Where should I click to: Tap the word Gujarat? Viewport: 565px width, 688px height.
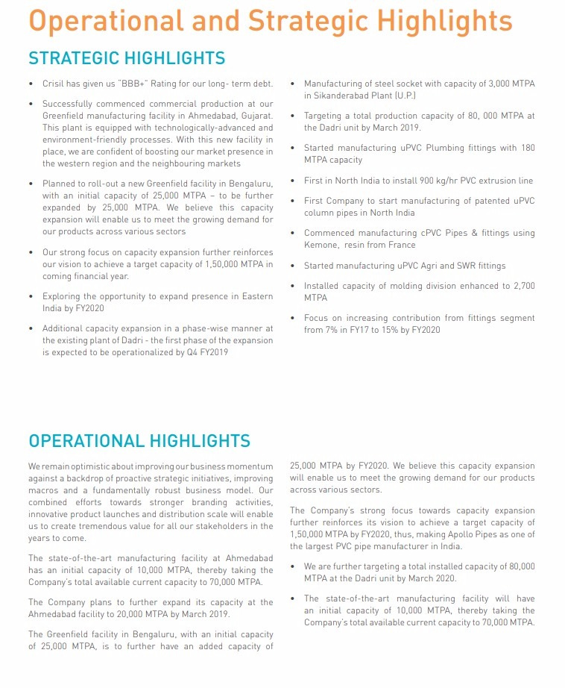254,116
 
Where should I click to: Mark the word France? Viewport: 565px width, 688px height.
401,245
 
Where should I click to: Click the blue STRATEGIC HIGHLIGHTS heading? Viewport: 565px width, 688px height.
127,58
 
